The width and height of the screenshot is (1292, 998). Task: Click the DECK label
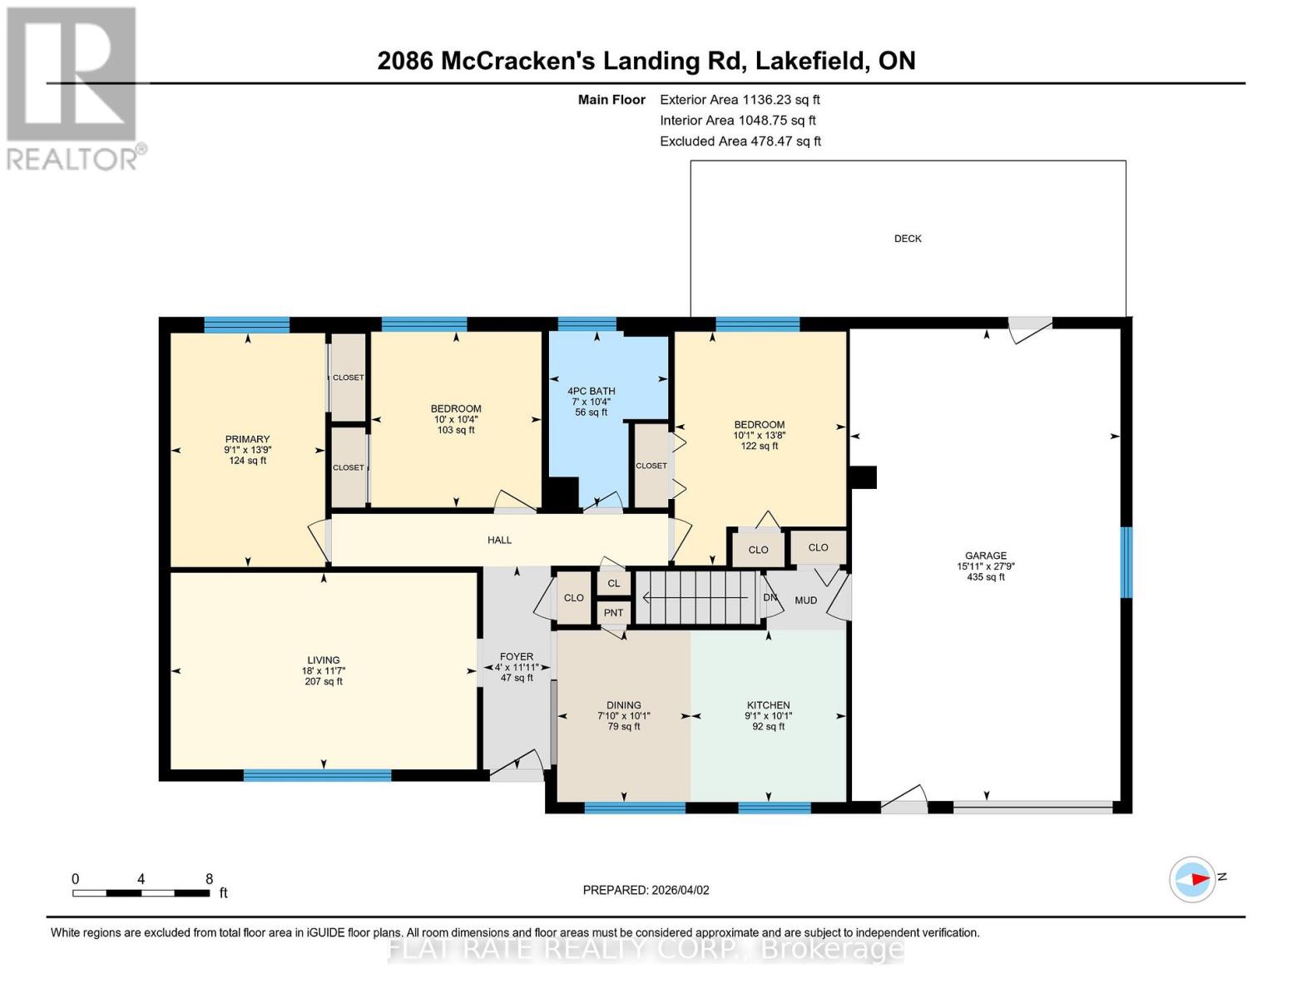pos(908,239)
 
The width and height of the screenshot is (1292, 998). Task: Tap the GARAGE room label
pos(985,556)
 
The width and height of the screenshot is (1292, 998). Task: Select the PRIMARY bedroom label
pos(247,439)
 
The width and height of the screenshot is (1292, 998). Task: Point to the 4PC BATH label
pos(591,391)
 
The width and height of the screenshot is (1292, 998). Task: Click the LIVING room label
pos(324,660)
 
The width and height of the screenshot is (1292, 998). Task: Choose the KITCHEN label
pos(768,705)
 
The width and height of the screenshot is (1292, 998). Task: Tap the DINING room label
pos(624,705)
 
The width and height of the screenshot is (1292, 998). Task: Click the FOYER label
pos(516,657)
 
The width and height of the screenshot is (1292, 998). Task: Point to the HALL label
pos(499,540)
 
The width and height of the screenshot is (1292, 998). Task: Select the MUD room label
pos(805,600)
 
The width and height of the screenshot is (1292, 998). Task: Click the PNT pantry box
pos(614,613)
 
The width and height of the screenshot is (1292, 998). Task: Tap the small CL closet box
pos(614,583)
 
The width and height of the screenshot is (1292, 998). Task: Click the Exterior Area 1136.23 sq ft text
pos(740,100)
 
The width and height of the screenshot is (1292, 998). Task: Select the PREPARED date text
pos(646,890)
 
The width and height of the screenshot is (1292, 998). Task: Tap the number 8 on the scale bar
pos(209,878)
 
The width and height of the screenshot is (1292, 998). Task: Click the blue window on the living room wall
pos(318,774)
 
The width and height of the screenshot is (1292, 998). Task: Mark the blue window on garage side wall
pos(1126,561)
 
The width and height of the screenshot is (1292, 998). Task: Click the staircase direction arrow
pos(696,597)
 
